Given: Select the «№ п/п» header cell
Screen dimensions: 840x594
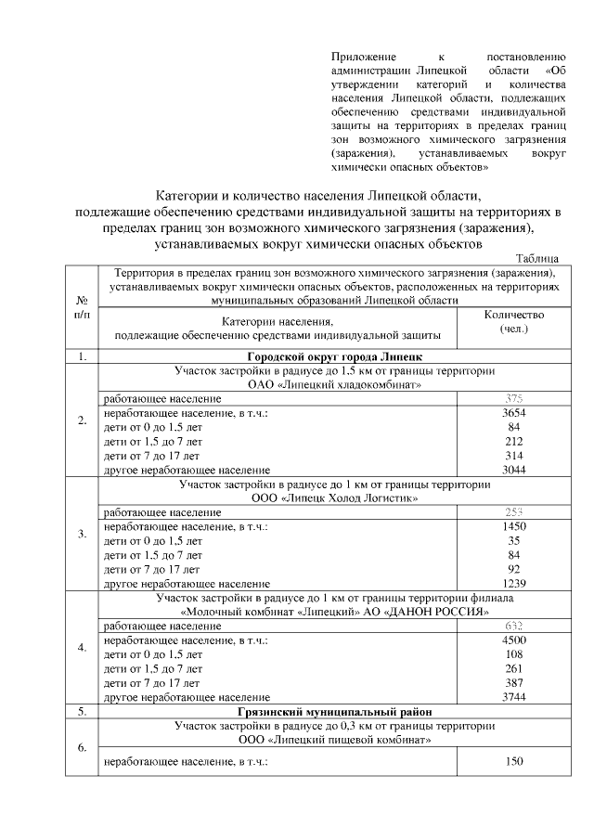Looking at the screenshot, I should [x=82, y=307].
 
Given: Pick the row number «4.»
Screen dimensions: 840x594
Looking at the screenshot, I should [x=82, y=647].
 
